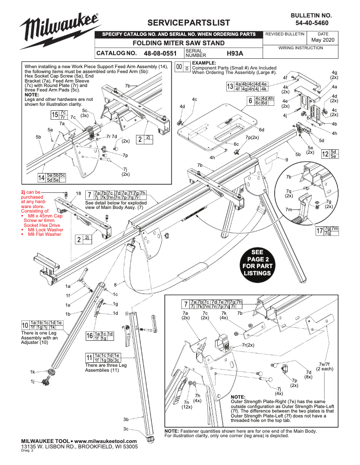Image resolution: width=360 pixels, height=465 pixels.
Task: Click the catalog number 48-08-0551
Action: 160,53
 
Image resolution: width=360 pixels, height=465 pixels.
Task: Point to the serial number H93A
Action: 234,53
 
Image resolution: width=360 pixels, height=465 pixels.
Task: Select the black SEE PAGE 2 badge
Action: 257,263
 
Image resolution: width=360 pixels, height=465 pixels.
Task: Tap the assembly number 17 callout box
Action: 327,231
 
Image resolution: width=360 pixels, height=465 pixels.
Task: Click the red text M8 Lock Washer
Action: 45,230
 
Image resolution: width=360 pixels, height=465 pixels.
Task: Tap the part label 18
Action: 78,193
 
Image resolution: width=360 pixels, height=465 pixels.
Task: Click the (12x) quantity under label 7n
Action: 187,407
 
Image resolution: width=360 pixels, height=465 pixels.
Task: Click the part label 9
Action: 286,160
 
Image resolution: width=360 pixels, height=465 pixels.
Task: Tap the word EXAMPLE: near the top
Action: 204,63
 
